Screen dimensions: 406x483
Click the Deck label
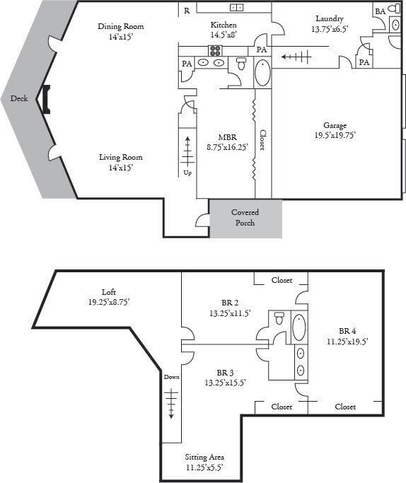point(19,98)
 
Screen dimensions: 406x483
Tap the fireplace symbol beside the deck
point(46,100)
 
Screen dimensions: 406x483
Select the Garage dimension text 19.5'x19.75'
point(335,135)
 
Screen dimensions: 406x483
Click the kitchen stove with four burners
point(215,51)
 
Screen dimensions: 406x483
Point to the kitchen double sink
point(236,8)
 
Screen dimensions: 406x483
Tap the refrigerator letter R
point(187,11)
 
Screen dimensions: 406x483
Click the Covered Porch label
point(245,218)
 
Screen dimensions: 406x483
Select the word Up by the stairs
point(187,173)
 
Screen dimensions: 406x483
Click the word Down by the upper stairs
point(172,377)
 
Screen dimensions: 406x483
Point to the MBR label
point(227,137)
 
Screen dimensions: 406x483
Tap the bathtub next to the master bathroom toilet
point(262,73)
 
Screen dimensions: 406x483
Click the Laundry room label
point(330,19)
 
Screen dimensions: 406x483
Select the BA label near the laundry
point(381,11)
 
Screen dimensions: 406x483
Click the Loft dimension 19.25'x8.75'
point(109,302)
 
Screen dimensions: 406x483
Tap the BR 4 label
point(347,331)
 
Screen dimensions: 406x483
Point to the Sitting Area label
point(204,458)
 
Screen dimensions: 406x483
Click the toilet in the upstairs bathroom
point(279,318)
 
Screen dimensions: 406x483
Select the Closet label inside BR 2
point(282,280)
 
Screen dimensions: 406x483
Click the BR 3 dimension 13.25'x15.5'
point(225,383)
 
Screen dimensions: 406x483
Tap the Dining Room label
point(121,26)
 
